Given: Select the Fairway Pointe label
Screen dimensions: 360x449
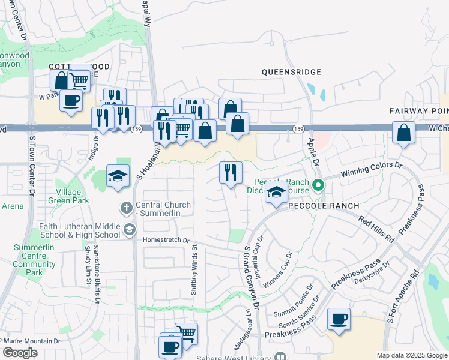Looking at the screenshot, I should pos(418,111).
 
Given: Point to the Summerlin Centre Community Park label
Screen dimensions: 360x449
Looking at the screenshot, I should pos(35,260).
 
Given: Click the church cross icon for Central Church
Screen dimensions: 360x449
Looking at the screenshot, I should pos(125,208).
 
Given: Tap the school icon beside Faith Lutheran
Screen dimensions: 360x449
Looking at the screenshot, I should pos(128,229).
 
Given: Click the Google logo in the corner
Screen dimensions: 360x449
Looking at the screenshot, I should pos(20,353).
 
